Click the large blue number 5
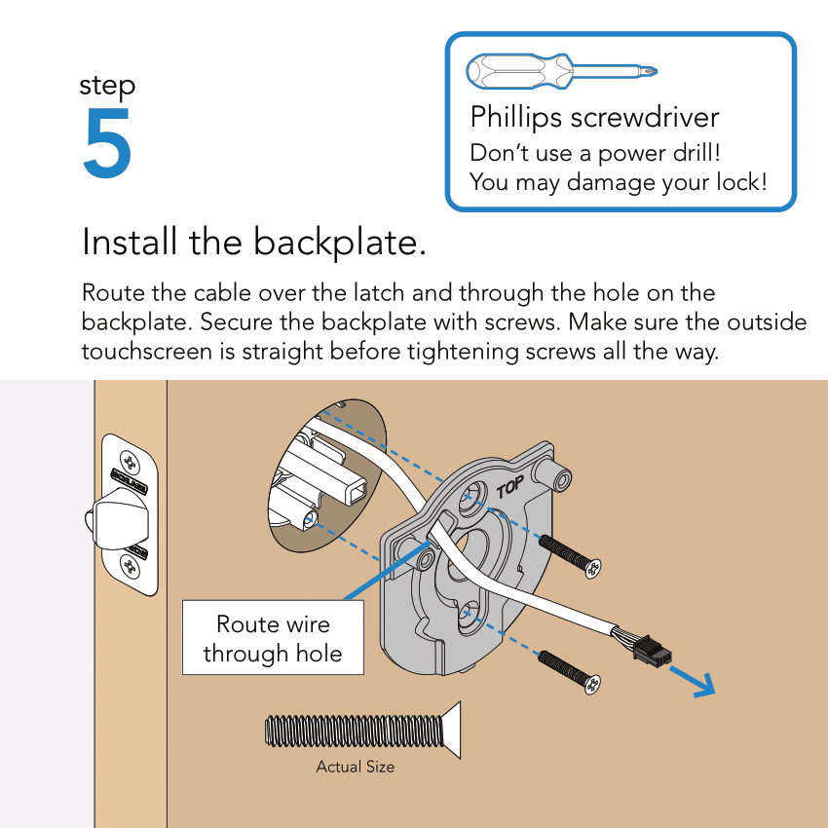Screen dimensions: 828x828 coord(107,144)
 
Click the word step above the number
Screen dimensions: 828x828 coord(107,86)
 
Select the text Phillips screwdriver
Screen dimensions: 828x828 coord(594,118)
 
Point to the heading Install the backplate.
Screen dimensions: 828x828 coord(254,242)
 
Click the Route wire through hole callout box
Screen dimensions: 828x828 coord(273,638)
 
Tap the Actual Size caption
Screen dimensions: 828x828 coord(355,767)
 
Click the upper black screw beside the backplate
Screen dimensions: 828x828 coord(570,556)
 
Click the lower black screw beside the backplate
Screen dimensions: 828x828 coord(570,671)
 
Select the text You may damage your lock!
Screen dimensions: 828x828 coord(618,182)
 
